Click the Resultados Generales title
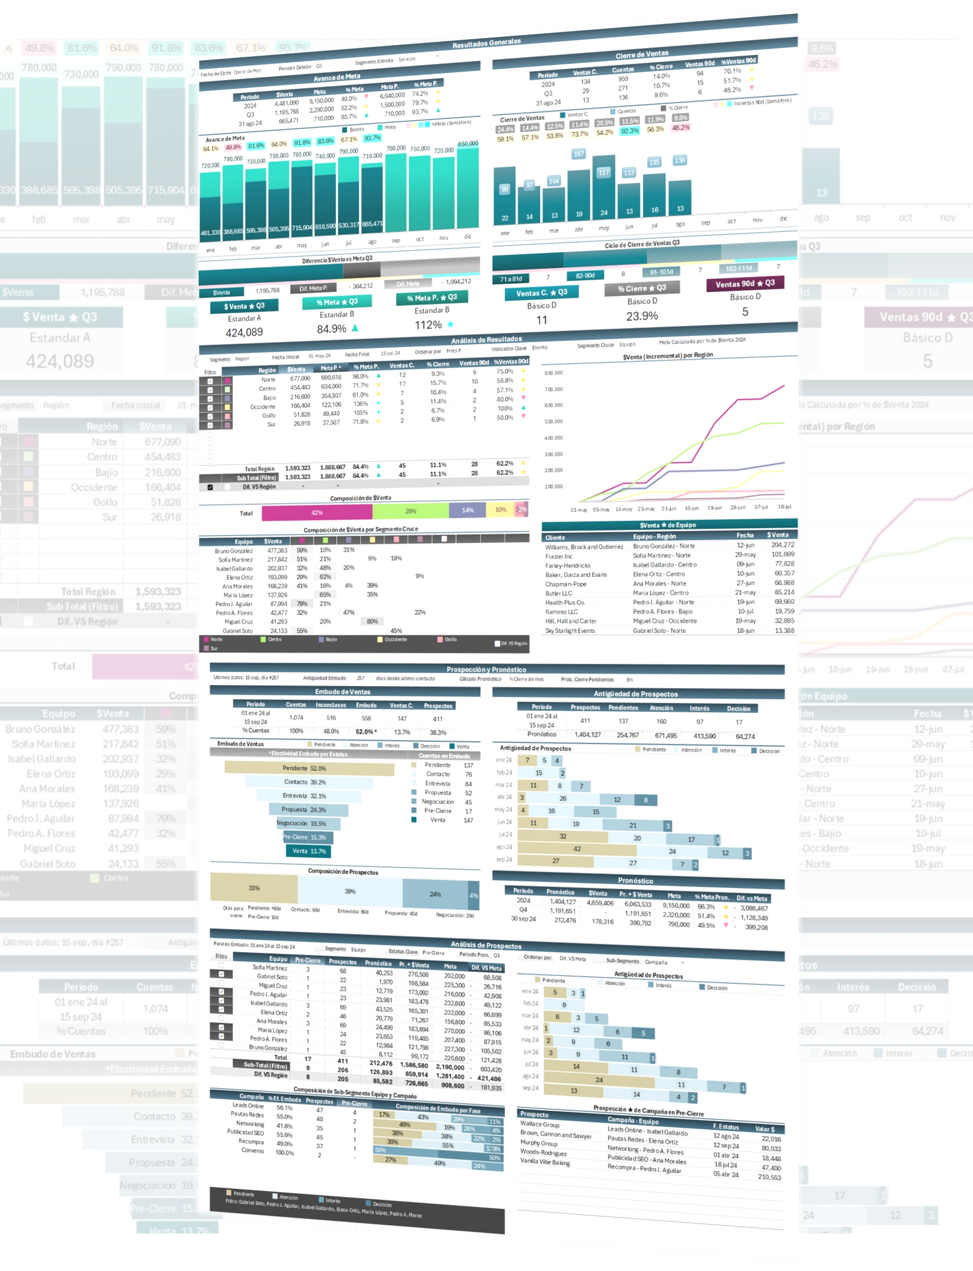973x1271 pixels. point(487,43)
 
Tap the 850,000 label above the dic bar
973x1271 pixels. point(468,144)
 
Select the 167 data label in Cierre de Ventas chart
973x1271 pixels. point(578,154)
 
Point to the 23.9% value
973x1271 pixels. point(642,316)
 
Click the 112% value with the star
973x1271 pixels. point(429,326)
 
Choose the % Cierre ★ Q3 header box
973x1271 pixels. point(642,289)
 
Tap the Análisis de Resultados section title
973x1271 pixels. point(487,339)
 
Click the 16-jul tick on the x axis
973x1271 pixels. point(784,507)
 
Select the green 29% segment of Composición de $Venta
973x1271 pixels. point(411,511)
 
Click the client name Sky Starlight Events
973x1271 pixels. point(570,631)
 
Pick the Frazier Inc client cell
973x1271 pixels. point(558,556)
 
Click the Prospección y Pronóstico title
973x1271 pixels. point(487,669)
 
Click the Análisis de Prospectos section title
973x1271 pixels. point(487,945)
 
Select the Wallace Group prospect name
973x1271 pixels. point(540,1124)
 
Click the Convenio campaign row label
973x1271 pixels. point(253,1150)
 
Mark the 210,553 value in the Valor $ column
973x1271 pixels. point(769,1177)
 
